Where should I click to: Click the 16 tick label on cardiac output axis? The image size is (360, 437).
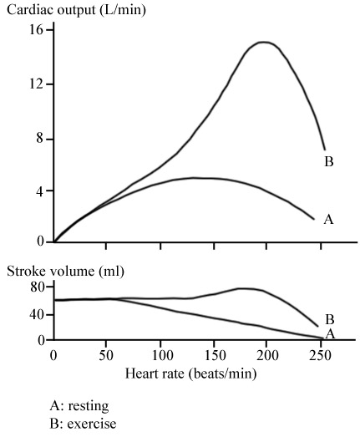(x=36, y=29)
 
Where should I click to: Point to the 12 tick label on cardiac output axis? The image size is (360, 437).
(x=36, y=84)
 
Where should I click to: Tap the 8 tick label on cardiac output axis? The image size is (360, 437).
(x=40, y=139)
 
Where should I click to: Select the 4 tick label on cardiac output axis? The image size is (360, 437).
(x=40, y=192)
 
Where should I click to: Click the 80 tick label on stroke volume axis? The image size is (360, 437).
(x=38, y=287)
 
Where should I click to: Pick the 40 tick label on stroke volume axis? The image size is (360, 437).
(x=38, y=315)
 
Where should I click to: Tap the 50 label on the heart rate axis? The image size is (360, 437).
(x=106, y=355)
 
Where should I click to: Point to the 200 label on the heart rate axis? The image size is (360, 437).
(x=268, y=355)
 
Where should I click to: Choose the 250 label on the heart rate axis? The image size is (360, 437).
(x=321, y=355)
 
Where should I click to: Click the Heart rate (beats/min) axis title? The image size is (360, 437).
(x=190, y=373)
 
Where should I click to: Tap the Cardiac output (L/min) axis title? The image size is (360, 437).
(x=76, y=10)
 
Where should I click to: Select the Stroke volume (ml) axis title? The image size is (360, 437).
(x=65, y=271)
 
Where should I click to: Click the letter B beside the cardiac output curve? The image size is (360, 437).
(x=329, y=161)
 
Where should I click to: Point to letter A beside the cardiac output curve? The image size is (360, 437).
(x=328, y=220)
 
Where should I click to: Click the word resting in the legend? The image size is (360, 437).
(x=89, y=406)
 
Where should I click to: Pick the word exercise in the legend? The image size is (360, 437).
(x=92, y=424)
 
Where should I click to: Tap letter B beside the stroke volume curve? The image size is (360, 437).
(x=330, y=320)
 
